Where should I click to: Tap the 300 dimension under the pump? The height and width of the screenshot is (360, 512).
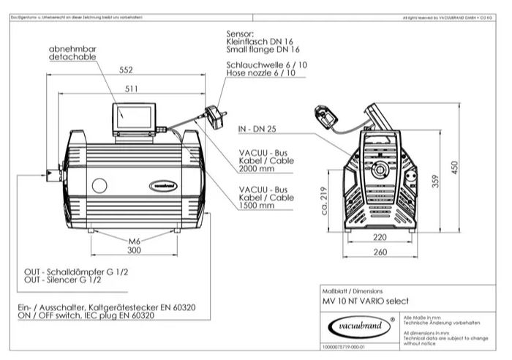(134, 250)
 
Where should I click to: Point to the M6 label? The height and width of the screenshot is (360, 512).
(134, 241)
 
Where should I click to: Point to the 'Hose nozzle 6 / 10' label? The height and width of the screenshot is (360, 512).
(260, 73)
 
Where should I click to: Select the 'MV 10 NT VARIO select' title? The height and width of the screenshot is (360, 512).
(365, 301)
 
